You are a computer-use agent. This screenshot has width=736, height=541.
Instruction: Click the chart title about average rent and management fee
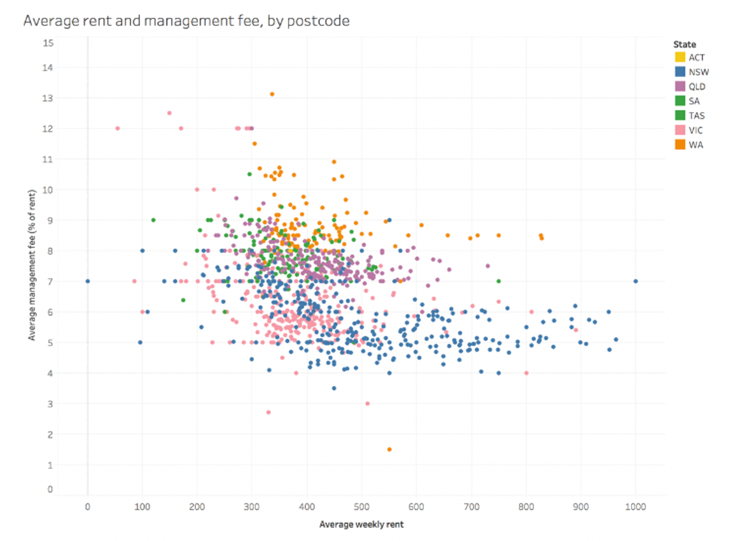pos(187,21)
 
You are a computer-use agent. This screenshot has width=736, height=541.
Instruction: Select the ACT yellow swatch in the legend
pos(680,57)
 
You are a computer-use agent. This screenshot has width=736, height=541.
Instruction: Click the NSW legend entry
pos(698,72)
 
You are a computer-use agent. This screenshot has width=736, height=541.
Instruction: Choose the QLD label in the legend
pos(697,87)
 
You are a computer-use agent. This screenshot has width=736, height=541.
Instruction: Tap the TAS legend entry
pos(696,116)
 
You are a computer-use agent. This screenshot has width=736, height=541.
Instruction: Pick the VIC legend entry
pos(695,130)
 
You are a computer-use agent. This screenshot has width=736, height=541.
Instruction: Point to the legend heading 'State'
pos(684,44)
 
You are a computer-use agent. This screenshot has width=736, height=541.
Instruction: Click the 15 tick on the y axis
pos(48,43)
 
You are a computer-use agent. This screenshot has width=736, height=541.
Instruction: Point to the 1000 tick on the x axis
pos(635,507)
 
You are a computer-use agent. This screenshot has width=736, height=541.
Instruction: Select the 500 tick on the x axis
pos(361,507)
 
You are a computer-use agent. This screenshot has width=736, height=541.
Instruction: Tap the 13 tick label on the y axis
pos(48,98)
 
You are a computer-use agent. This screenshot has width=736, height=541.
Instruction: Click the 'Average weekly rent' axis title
pos(361,524)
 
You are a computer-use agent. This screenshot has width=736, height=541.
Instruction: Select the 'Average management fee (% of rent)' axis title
pos(32,265)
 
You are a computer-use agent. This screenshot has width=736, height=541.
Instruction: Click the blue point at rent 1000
pos(635,281)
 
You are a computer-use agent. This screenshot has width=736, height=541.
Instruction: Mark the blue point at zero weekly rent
pos(88,281)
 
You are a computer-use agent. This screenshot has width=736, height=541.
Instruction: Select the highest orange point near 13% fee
pos(272,94)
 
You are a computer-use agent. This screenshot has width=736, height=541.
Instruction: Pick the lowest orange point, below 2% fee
pos(389,450)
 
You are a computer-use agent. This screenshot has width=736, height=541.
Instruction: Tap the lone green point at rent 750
pos(498,281)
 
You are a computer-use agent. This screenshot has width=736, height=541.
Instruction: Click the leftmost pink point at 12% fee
pos(118,128)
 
